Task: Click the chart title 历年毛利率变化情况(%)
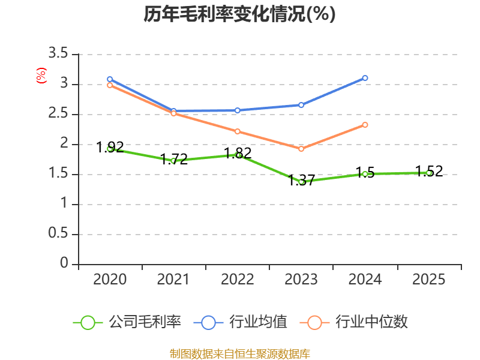(x=239, y=14)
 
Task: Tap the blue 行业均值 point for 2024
(x=365, y=78)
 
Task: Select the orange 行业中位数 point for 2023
(x=301, y=148)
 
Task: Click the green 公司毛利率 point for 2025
(x=428, y=173)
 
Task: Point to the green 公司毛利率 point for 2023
(x=301, y=181)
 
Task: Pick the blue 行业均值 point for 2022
(x=238, y=110)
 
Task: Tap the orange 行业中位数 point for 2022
(x=238, y=131)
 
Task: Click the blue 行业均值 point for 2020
(x=110, y=79)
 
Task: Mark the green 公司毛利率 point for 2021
(x=173, y=161)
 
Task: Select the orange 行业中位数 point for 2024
(x=365, y=125)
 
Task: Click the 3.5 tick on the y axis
(x=59, y=54)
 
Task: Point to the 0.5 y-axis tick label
(x=59, y=234)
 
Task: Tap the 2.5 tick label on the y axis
(x=59, y=114)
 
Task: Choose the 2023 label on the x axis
(x=301, y=280)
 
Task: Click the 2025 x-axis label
(x=428, y=280)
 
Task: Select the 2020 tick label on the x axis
(x=110, y=280)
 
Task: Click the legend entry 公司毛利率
(x=144, y=322)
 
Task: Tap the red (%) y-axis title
(x=41, y=76)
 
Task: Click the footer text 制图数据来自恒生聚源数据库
(x=239, y=353)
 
